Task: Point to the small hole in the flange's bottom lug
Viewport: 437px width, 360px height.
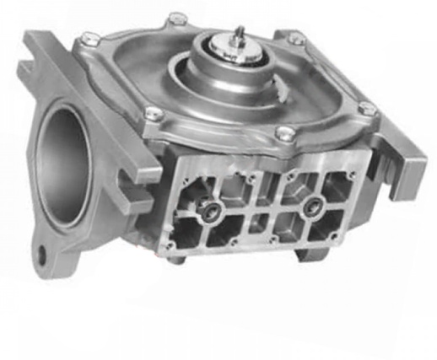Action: [40, 251]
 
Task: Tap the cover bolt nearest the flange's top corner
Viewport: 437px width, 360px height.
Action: [89, 37]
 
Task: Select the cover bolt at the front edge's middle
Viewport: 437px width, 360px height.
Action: [284, 132]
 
